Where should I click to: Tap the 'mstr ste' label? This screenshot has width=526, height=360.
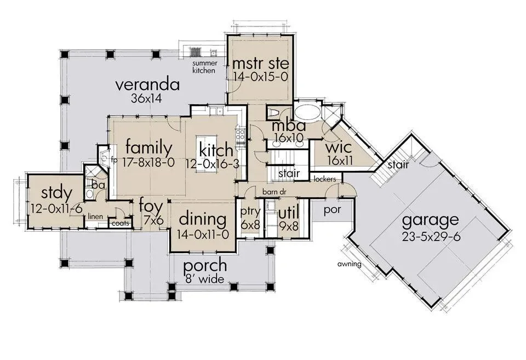tap(260, 63)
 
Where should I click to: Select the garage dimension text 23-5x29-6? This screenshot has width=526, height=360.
tap(431, 236)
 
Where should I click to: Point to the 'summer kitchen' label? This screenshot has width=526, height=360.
tap(204, 67)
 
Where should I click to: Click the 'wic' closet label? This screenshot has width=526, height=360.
tap(339, 147)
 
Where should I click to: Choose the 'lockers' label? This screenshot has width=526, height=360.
tap(325, 179)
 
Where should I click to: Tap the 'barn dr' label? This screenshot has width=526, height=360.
tap(274, 192)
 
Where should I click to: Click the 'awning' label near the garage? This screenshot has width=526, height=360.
tap(350, 264)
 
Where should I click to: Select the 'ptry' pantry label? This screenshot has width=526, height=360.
tap(250, 212)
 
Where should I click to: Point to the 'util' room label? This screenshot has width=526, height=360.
tap(289, 213)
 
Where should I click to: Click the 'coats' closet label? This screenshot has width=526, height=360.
tap(120, 223)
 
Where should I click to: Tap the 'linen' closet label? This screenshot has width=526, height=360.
tap(95, 216)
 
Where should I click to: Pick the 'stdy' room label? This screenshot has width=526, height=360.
tap(56, 193)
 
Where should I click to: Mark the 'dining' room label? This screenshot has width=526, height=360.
tap(203, 220)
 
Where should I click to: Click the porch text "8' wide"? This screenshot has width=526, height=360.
tap(204, 279)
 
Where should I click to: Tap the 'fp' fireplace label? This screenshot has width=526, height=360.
tap(114, 161)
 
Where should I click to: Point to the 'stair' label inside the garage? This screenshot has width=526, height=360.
tap(398, 165)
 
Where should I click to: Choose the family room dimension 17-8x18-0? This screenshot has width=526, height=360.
tap(148, 163)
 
